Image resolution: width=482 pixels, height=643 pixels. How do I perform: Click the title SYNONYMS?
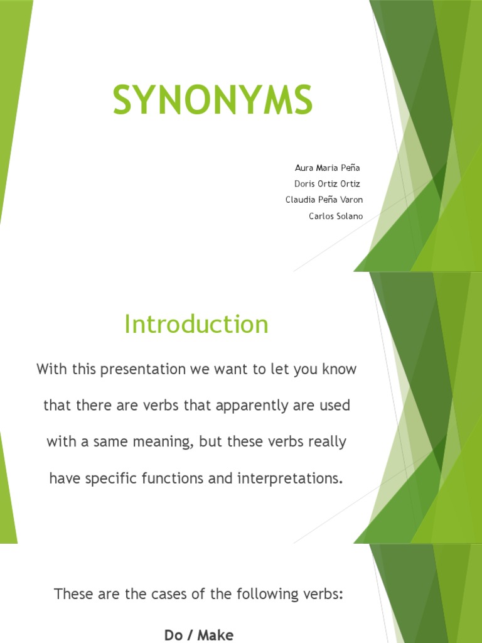pos(213,100)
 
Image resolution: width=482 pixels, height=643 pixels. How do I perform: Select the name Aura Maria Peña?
pos(328,168)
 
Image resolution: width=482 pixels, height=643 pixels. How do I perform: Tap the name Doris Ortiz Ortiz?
pos(327,184)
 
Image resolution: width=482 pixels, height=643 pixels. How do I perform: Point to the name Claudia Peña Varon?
pos(324,200)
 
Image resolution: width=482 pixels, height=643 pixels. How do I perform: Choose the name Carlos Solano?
pos(336,217)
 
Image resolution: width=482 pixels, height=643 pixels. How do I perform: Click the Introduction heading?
pos(196,325)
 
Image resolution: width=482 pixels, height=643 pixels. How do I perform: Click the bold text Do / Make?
pos(199,635)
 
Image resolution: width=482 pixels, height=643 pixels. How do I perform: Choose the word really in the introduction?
pos(324,442)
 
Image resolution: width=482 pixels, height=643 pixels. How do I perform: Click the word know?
pos(339,369)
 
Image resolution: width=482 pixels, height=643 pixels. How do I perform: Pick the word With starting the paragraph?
pos(51,369)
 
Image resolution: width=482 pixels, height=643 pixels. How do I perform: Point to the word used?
pos(335,406)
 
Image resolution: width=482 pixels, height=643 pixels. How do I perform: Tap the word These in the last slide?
pos(73,594)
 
